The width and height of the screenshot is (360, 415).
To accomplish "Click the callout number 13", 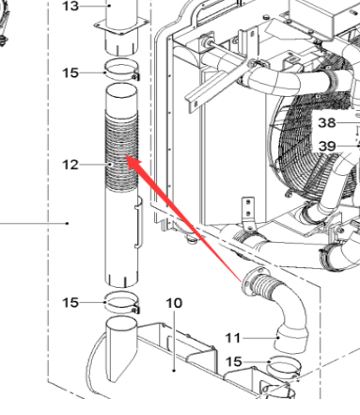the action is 71,6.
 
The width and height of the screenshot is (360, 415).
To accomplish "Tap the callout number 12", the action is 71,166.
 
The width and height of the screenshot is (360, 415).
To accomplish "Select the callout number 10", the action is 173,303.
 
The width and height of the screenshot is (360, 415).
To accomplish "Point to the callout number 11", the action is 233,336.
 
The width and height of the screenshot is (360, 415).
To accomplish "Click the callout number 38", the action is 326,123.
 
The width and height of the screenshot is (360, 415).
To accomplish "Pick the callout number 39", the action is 326,145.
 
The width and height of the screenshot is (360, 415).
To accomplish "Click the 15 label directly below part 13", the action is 71,72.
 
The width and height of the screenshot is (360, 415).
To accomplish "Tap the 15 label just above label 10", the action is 71,302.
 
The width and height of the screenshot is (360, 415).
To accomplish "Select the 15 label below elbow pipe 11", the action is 233,361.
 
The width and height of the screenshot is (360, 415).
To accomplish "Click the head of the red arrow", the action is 128,162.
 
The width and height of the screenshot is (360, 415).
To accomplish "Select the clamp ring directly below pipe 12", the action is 121,303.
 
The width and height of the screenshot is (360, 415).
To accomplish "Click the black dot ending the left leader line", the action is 69,224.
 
